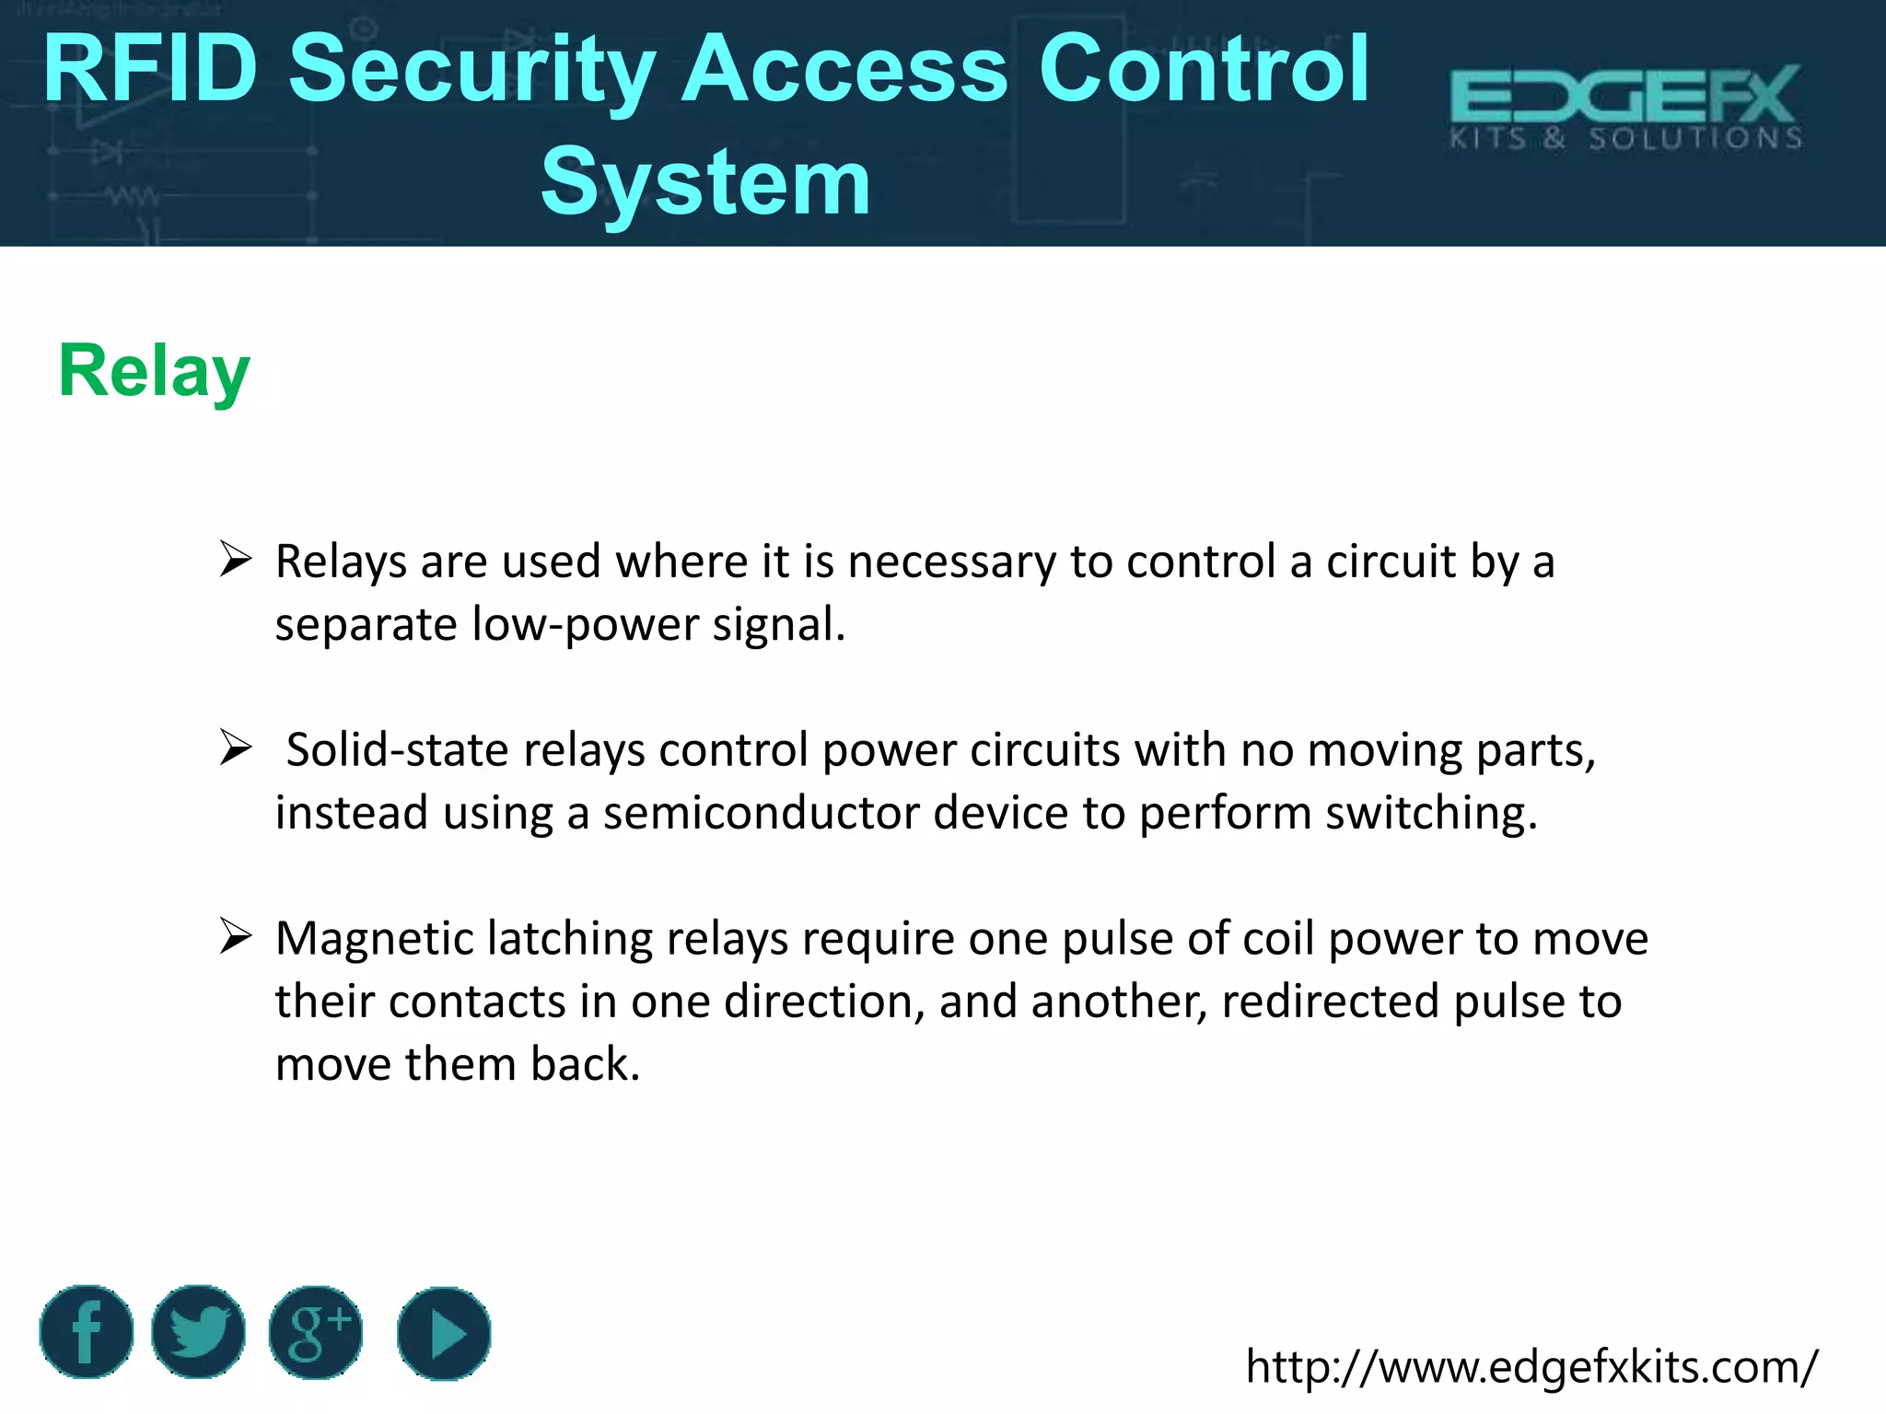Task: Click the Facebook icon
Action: [87, 1332]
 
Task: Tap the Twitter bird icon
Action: [198, 1332]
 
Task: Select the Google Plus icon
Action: [316, 1332]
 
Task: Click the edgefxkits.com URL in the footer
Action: [1531, 1366]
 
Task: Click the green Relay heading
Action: [154, 371]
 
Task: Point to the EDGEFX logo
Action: [1625, 107]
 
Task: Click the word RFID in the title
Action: [150, 68]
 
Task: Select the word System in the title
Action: [705, 182]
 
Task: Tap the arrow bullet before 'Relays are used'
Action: [236, 559]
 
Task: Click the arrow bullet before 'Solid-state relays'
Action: [236, 748]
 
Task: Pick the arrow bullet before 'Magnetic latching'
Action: [236, 936]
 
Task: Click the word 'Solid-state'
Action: [398, 749]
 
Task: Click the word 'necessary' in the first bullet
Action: [951, 562]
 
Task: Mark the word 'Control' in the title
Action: [1204, 68]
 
